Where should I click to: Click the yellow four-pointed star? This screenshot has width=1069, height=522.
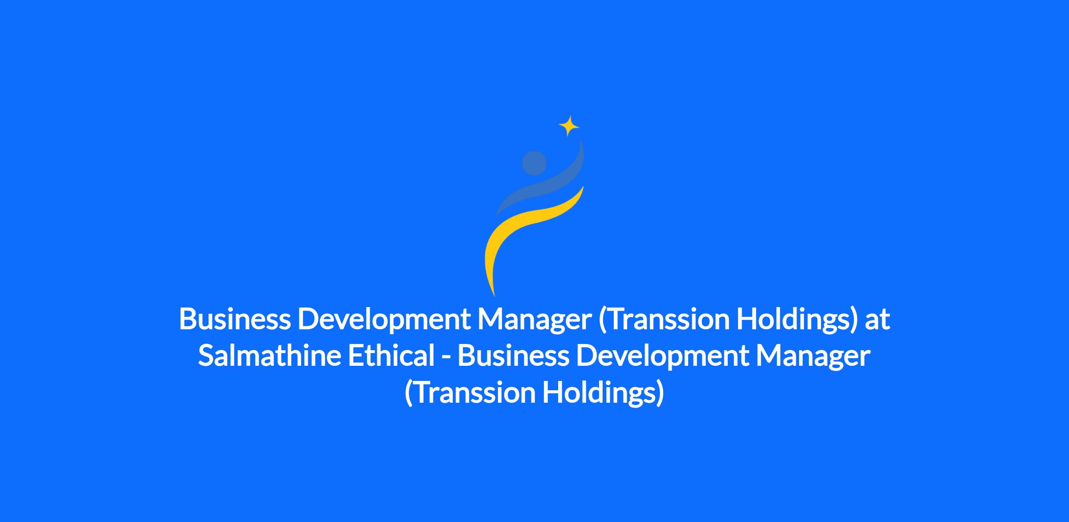coord(569,126)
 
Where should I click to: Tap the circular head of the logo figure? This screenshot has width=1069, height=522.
coord(534,163)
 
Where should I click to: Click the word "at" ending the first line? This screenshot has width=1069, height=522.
coord(877,319)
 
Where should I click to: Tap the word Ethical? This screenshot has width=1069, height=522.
coord(391,356)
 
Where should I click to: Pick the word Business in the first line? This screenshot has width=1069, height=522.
coord(235,319)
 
